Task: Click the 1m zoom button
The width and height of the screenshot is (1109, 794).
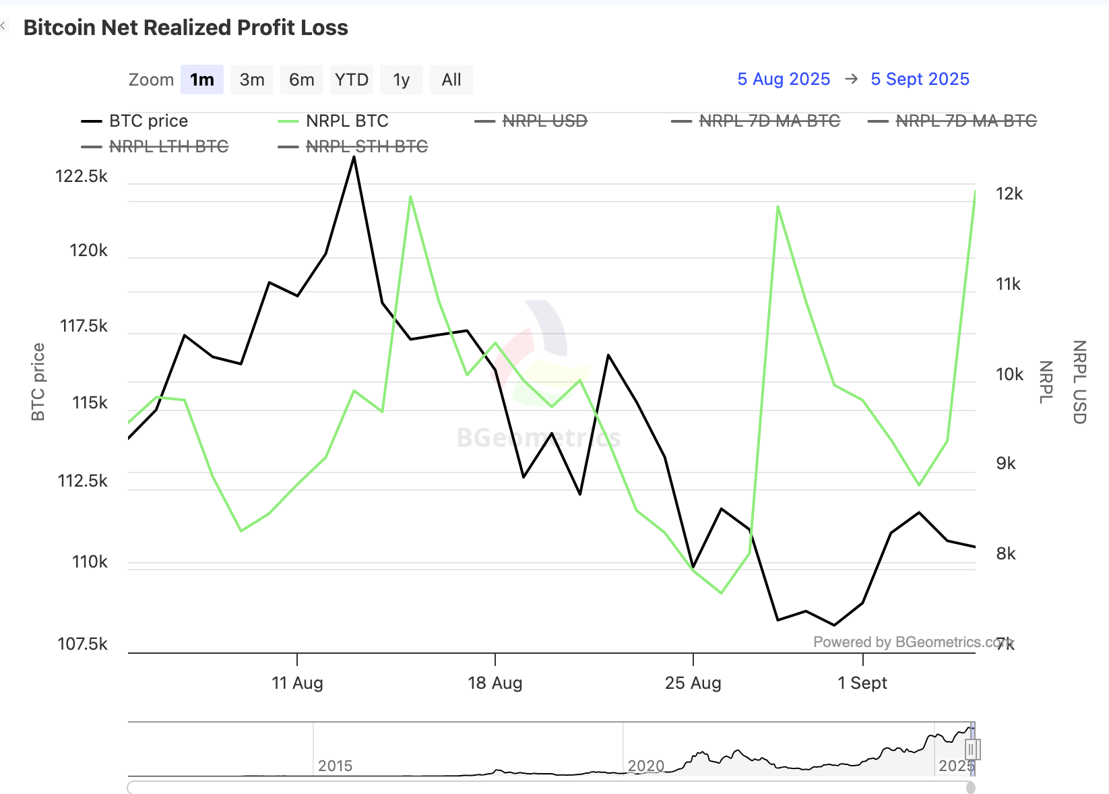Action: (201, 80)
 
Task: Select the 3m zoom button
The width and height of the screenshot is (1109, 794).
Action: (252, 80)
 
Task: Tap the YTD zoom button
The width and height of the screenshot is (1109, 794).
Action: (352, 80)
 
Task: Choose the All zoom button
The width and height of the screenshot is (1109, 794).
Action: (451, 80)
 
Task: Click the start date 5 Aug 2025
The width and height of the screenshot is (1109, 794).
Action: (784, 80)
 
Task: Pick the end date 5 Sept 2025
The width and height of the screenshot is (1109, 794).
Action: (920, 80)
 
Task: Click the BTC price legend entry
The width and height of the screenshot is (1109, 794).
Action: (148, 121)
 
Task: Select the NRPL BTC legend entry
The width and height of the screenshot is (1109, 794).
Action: (347, 121)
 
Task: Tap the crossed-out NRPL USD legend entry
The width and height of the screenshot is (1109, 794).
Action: (544, 121)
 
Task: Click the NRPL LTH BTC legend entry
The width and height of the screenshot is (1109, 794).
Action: (168, 147)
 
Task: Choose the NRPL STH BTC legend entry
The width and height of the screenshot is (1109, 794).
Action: (367, 147)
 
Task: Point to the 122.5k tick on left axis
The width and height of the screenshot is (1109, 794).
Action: (82, 177)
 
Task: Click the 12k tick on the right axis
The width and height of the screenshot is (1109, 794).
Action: (1009, 194)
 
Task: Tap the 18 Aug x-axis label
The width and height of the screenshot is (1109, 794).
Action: (495, 683)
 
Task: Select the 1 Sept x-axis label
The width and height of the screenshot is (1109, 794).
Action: (862, 683)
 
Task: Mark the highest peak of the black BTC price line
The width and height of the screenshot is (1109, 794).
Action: (354, 157)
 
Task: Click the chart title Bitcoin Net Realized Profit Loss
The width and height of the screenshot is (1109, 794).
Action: (186, 28)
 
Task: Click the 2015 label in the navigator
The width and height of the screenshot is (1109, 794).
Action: (335, 766)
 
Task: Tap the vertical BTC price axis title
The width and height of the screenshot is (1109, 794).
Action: (38, 382)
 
